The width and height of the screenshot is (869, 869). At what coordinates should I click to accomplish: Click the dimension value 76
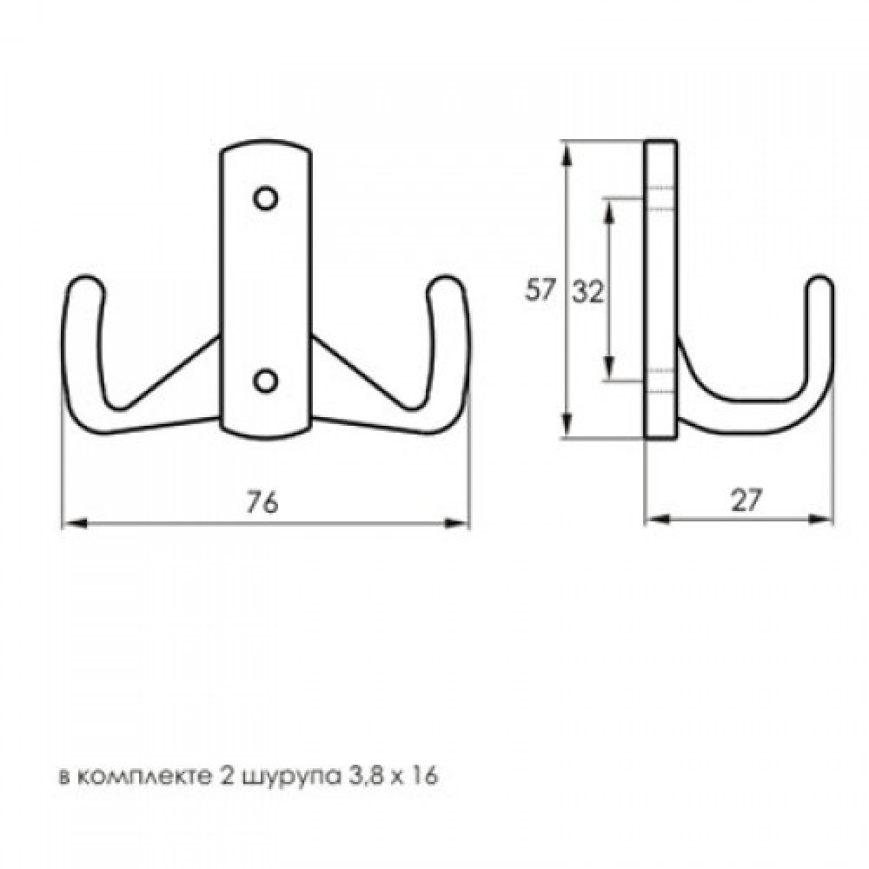point(262,502)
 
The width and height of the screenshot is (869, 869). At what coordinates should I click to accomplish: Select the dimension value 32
point(588,292)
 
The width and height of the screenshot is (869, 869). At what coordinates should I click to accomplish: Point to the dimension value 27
point(746,500)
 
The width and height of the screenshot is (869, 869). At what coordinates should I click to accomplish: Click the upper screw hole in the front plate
point(265,198)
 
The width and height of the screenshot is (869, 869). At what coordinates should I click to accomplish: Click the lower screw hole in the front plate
point(265,381)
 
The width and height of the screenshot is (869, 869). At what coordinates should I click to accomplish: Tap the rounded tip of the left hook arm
point(85,282)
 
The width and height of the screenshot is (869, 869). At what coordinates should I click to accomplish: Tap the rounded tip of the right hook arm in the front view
point(446,282)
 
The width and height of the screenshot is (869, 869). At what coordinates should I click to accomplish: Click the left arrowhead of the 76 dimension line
point(74,522)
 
